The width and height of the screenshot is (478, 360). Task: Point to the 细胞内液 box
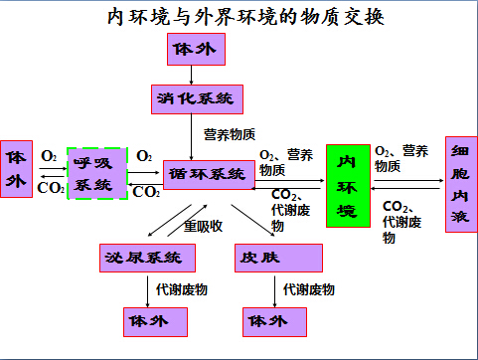(460, 184)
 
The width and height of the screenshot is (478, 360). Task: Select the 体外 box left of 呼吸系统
(15, 169)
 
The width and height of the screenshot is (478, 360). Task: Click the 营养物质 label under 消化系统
(230, 133)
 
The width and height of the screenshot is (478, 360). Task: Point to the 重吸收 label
(203, 226)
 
